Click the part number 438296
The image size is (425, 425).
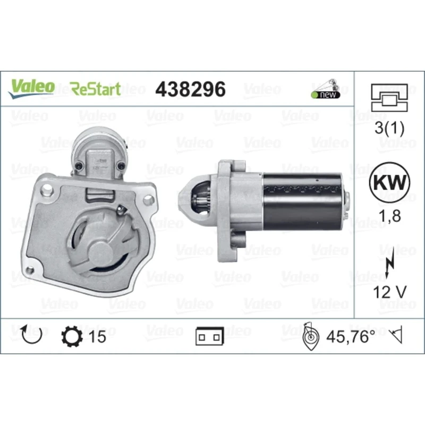click(190, 89)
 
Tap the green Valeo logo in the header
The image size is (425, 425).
click(30, 87)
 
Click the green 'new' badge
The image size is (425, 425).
click(325, 95)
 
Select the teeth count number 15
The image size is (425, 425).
click(98, 336)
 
